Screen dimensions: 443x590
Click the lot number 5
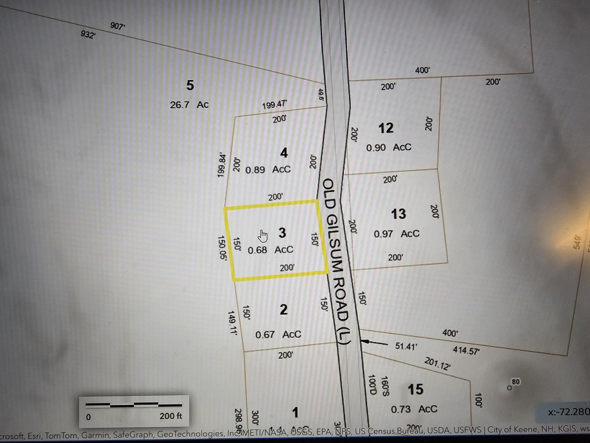(190, 85)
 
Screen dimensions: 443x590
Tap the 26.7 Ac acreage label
(189, 105)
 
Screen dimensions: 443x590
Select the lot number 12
(386, 128)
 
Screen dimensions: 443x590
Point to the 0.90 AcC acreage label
(389, 147)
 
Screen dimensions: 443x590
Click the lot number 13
(398, 214)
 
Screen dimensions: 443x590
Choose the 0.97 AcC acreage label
(396, 234)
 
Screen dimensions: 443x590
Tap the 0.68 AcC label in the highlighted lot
(270, 250)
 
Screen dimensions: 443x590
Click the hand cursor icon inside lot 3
(263, 236)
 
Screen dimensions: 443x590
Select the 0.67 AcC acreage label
(278, 334)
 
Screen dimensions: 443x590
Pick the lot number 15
(415, 390)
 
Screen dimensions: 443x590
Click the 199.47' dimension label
(274, 105)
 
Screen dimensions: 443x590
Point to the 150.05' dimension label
(222, 248)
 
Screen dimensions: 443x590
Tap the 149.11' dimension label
(232, 322)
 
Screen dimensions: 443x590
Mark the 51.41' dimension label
(406, 346)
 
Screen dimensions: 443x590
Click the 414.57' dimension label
(466, 351)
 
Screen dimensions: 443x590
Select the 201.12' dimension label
(437, 364)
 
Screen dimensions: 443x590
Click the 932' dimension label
(88, 35)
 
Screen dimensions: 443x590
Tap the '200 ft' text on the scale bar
(171, 416)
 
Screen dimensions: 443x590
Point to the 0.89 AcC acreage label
(268, 170)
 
